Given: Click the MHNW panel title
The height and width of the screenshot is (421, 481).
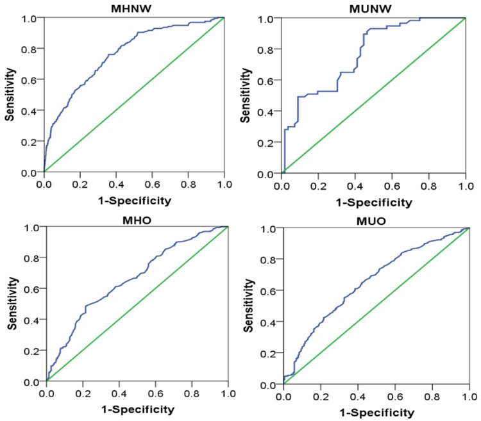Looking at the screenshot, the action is coord(131,8).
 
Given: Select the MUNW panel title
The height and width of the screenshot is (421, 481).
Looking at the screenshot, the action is coord(370,9).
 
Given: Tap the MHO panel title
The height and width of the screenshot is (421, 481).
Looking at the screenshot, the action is coord(137,220).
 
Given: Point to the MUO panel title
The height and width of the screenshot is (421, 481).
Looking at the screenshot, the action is coord(371,221).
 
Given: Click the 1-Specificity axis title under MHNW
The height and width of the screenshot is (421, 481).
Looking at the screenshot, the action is coord(135,201).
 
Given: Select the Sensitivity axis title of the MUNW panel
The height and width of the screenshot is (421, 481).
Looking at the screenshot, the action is coord(246,95).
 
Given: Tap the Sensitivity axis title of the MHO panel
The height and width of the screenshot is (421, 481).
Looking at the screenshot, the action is coord(12,303).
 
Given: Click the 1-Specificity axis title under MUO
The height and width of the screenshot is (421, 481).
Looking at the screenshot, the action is coord(376,413).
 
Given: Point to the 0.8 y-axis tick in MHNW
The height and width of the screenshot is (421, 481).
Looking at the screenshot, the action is coord(29,49).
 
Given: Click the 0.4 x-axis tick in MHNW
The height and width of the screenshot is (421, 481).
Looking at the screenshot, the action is coord(116,185).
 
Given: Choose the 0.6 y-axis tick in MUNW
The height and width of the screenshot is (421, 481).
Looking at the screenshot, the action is coord(266,81).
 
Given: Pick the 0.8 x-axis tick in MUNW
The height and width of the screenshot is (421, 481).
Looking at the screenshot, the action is coord(428,186).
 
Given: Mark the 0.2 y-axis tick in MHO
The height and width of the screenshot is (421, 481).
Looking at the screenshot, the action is coord(31,351).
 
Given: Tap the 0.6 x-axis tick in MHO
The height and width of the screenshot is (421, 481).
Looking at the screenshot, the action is coord(155,393).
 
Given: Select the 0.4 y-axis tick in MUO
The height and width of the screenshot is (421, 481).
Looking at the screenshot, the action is coord(268,322).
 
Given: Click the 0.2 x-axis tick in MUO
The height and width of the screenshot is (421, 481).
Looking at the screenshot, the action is coord(321,397).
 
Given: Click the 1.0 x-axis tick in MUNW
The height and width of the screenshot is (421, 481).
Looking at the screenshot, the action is coord(466,186).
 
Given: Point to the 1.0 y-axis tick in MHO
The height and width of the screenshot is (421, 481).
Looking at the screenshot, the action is coord(31,227).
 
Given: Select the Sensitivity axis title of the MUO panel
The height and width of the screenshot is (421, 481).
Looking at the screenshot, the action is coord(248,306).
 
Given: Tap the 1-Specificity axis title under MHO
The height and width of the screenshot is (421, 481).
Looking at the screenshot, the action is coord(137,409).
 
